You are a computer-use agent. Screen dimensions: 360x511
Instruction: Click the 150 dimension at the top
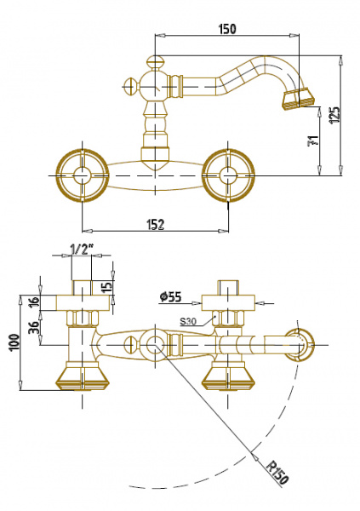tap(226, 29)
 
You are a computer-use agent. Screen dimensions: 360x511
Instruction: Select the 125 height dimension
tap(335, 115)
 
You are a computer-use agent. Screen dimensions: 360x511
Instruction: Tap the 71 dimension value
tap(312, 141)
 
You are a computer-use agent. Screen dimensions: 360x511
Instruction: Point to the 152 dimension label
tap(156, 225)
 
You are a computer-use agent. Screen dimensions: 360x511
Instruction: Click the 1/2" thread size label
tap(82, 250)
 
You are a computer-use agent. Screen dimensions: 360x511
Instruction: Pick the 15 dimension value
tap(106, 286)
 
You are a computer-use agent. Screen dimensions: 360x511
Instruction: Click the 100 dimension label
tap(14, 342)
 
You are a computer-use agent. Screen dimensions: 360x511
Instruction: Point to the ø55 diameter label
tap(170, 297)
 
